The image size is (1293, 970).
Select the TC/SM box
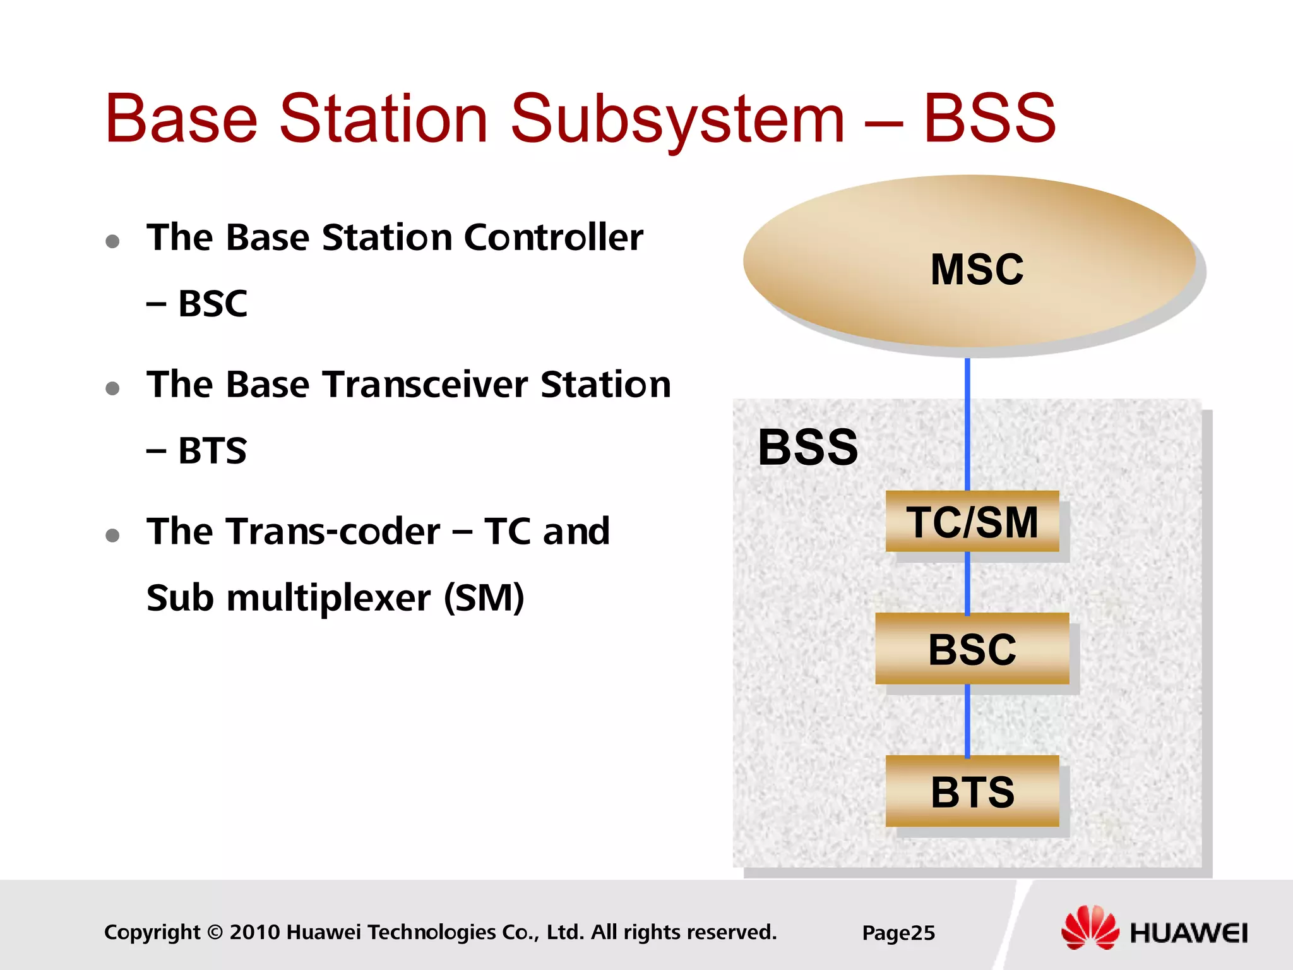tap(972, 522)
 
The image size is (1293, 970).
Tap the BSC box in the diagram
tap(972, 649)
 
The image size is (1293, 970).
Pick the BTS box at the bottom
tap(972, 791)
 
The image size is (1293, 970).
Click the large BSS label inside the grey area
tap(807, 447)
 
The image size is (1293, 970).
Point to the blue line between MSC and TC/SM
tap(967, 423)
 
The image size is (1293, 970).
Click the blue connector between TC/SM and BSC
tap(967, 582)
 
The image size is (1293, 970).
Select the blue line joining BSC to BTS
tap(967, 720)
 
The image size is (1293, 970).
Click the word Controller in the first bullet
tap(553, 237)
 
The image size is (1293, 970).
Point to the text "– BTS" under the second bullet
tap(196, 451)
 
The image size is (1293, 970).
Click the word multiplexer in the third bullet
tap(328, 597)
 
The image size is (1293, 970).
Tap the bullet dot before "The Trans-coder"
tap(113, 536)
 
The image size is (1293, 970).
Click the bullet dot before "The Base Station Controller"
tap(113, 241)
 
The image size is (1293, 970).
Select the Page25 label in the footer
tap(898, 933)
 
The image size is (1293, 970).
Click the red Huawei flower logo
tap(1090, 928)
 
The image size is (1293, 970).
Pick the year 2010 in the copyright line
tap(255, 932)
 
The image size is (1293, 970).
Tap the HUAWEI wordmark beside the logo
tap(1188, 933)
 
